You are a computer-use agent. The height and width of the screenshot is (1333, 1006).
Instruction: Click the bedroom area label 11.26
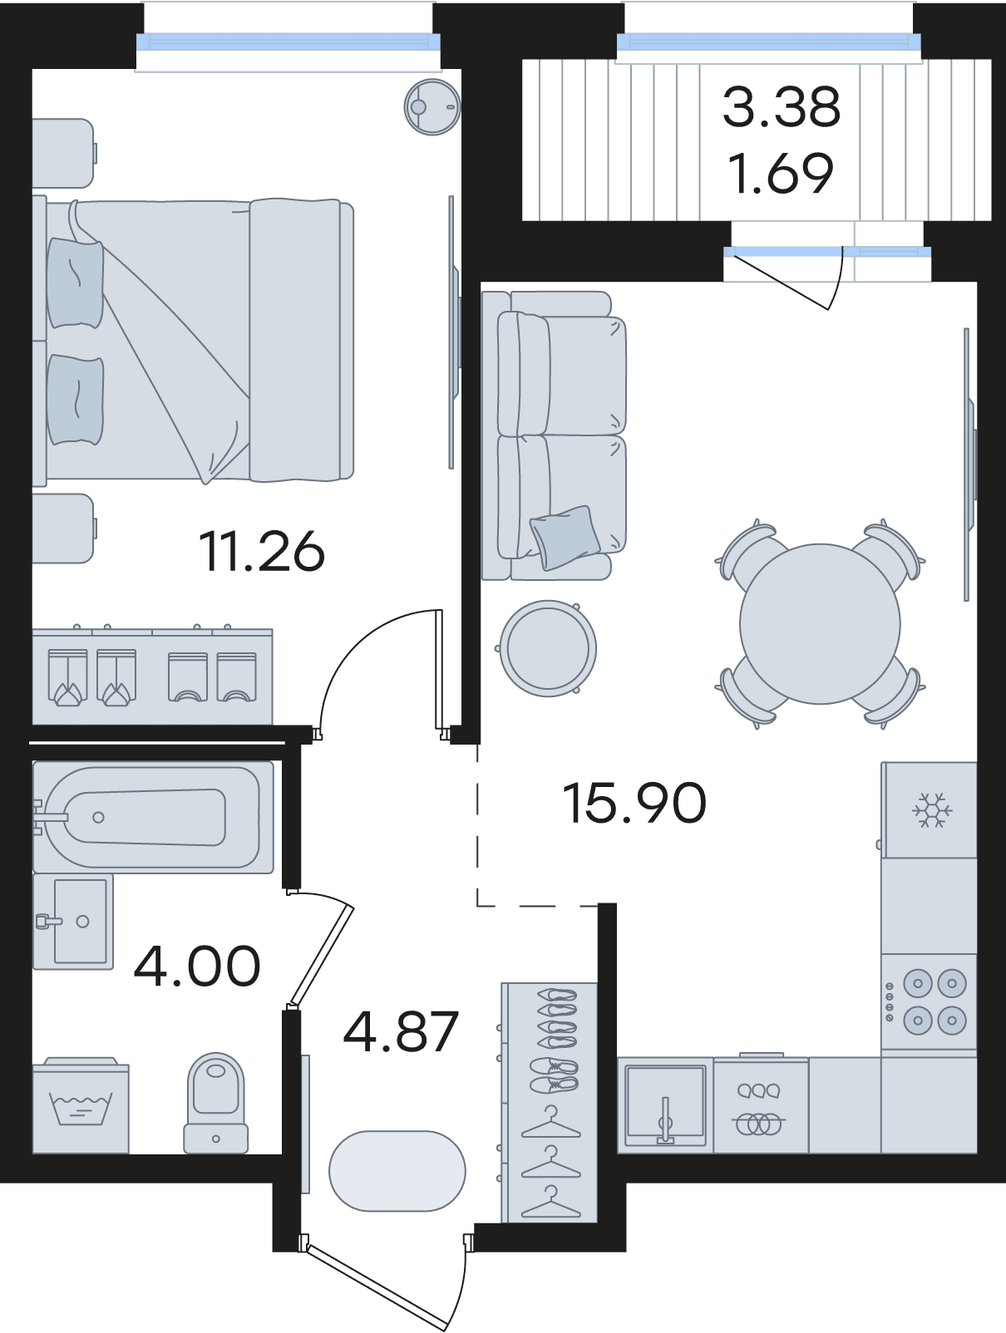pyautogui.click(x=263, y=552)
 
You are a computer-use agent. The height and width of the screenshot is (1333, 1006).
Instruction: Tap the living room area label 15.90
pyautogui.click(x=634, y=803)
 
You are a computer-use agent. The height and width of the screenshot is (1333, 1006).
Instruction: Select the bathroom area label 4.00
pyautogui.click(x=197, y=966)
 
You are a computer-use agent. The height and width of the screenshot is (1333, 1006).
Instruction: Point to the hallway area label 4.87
pyautogui.click(x=401, y=1032)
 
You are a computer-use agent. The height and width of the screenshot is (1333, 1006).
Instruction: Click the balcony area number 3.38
pyautogui.click(x=782, y=106)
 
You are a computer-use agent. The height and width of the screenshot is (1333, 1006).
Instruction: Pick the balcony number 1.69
pyautogui.click(x=782, y=173)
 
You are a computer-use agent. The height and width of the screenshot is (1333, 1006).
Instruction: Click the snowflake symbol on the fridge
pyautogui.click(x=931, y=809)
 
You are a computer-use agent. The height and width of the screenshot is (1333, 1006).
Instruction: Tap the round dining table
pyautogui.click(x=820, y=623)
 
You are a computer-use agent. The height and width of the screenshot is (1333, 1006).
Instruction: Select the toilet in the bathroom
pyautogui.click(x=215, y=1102)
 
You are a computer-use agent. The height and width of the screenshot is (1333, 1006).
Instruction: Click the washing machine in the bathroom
pyautogui.click(x=80, y=1105)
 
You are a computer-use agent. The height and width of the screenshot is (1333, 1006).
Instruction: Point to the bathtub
pyautogui.click(x=153, y=818)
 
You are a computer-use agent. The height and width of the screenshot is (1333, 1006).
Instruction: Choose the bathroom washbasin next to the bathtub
pyautogui.click(x=73, y=922)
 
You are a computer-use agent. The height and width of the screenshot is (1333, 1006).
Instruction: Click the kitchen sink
pyautogui.click(x=665, y=1105)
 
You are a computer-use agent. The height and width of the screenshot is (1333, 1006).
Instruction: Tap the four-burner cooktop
pyautogui.click(x=929, y=1001)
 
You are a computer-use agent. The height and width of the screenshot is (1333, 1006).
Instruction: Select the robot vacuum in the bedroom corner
pyautogui.click(x=432, y=107)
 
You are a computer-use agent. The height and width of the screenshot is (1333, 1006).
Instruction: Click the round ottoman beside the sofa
pyautogui.click(x=547, y=647)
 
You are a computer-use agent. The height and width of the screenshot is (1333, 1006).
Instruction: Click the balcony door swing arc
pyautogui.click(x=838, y=279)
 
